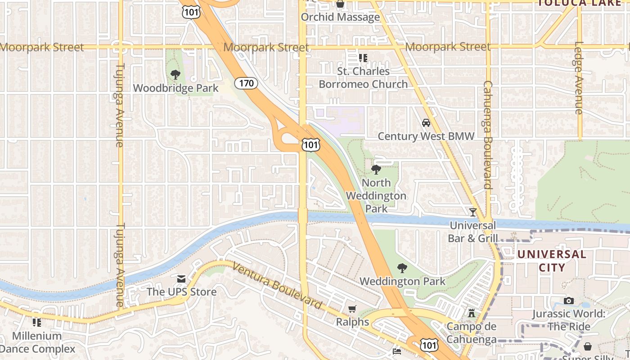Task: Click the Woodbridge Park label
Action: tap(175, 88)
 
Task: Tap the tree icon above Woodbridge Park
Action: tap(175, 75)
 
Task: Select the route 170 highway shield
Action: tap(246, 83)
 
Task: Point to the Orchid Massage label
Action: tap(340, 17)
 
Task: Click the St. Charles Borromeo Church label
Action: tap(363, 78)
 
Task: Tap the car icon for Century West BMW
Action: tap(426, 123)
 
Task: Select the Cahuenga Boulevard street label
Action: tap(487, 135)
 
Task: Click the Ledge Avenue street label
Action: tap(579, 77)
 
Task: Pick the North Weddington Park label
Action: tap(376, 196)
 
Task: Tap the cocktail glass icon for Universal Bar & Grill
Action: tap(472, 212)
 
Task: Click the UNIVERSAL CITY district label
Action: tap(552, 261)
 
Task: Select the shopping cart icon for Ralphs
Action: tap(352, 309)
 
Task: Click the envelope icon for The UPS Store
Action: tap(181, 279)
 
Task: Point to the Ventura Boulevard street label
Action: tap(278, 286)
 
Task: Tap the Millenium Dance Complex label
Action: tap(37, 342)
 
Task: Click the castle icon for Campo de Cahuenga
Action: tap(472, 313)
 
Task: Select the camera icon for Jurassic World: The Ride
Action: tap(569, 301)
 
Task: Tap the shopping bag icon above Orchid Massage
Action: tap(340, 4)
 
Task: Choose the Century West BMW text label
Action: tap(426, 136)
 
